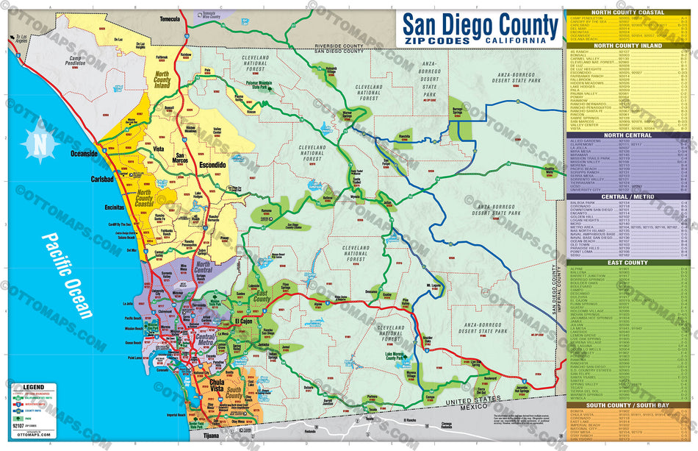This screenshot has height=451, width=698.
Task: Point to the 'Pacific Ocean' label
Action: click(68, 275)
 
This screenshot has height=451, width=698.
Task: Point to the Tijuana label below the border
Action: click(213, 436)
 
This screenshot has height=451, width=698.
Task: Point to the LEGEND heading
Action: click(34, 386)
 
